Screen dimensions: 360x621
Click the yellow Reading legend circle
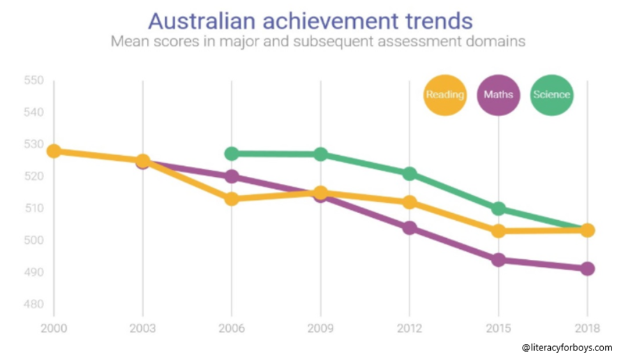pyautogui.click(x=444, y=94)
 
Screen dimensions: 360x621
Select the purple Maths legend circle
pyautogui.click(x=498, y=94)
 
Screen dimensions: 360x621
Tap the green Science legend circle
pyautogui.click(x=551, y=94)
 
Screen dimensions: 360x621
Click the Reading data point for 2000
pyautogui.click(x=54, y=151)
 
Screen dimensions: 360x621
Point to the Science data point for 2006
pyautogui.click(x=232, y=154)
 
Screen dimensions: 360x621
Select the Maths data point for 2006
pyautogui.click(x=232, y=176)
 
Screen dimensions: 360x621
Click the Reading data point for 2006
pyautogui.click(x=232, y=199)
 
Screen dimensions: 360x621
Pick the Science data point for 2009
pyautogui.click(x=320, y=154)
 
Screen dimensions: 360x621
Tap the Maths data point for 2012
pyautogui.click(x=410, y=228)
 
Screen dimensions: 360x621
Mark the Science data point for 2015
pyautogui.click(x=498, y=208)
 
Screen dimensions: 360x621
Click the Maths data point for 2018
pyautogui.click(x=587, y=269)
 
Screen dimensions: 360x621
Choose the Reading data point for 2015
pyautogui.click(x=498, y=230)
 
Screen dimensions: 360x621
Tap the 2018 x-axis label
pyautogui.click(x=587, y=329)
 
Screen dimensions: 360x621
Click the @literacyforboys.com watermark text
pyautogui.click(x=567, y=348)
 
